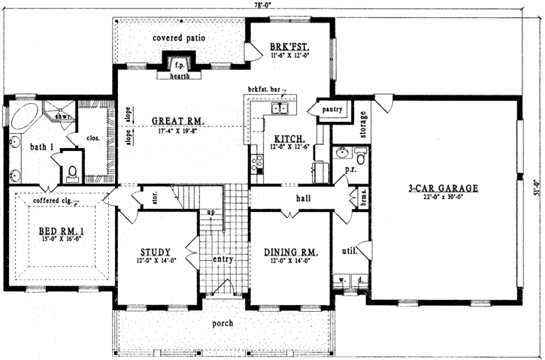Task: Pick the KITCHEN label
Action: click(x=289, y=139)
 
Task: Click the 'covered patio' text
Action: click(x=179, y=38)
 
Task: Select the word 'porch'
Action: click(x=221, y=323)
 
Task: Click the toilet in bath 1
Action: click(x=72, y=173)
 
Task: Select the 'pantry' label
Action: click(x=333, y=110)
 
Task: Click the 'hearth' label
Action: click(x=179, y=75)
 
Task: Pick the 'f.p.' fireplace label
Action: click(x=179, y=64)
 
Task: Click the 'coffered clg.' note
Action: click(x=50, y=201)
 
